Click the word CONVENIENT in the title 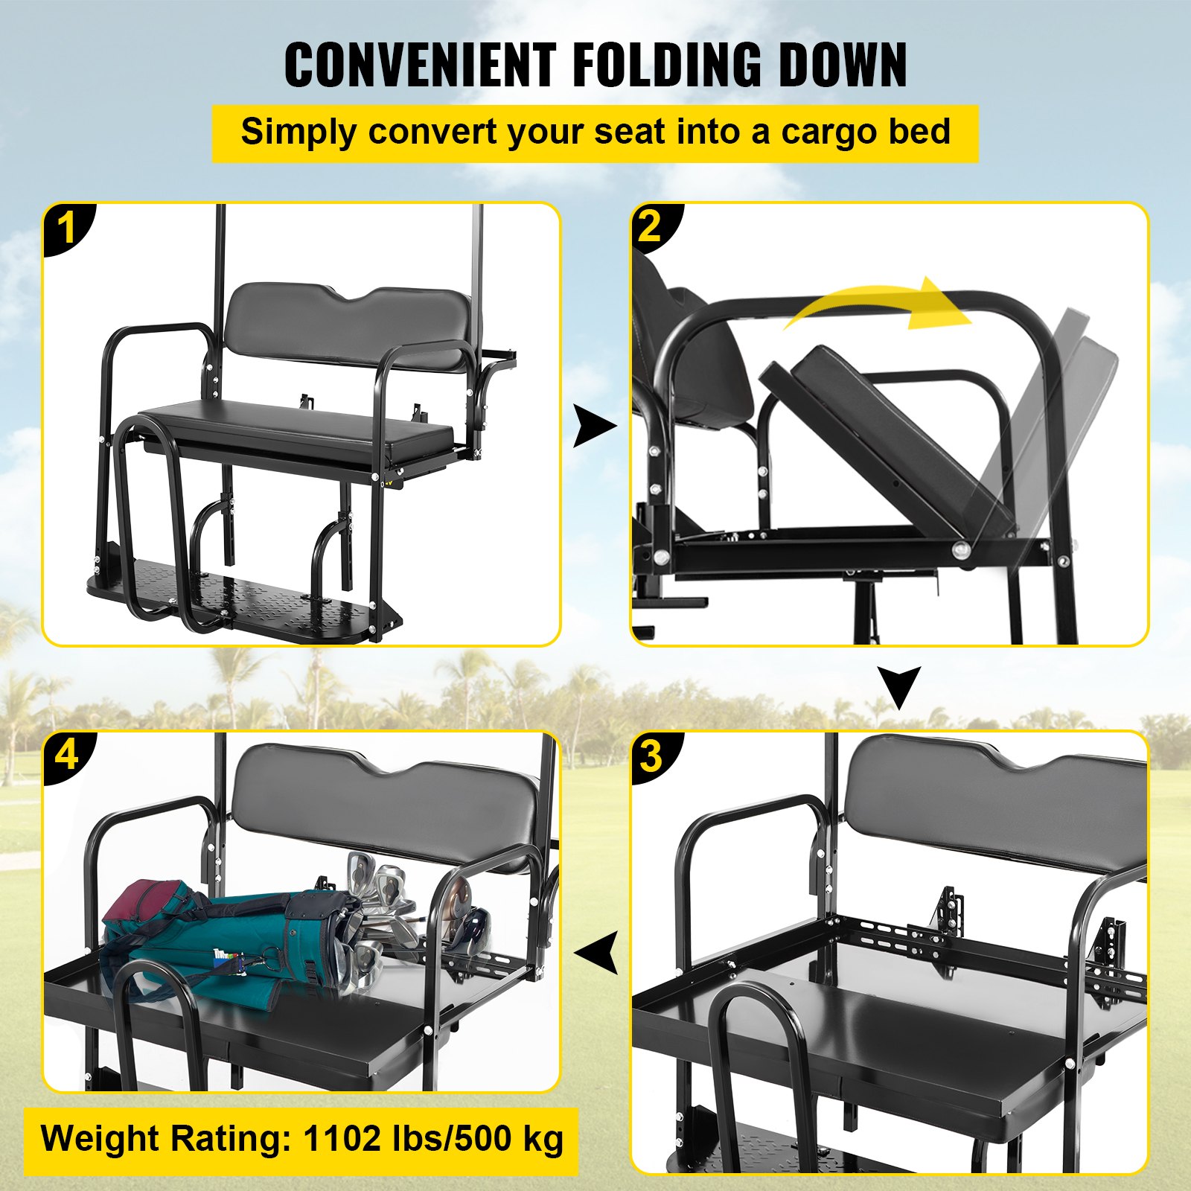pyautogui.click(x=420, y=66)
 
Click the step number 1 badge pyautogui.click(x=68, y=228)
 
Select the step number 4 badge pyautogui.click(x=68, y=756)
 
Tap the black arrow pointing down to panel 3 pyautogui.click(x=898, y=687)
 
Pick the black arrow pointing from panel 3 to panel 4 pyautogui.click(x=598, y=952)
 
